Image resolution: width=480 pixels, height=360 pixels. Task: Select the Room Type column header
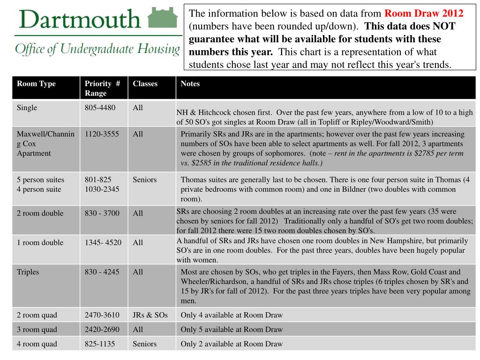point(36,84)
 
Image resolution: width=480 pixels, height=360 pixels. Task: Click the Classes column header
point(145,84)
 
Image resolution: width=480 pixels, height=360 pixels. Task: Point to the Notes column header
point(190,84)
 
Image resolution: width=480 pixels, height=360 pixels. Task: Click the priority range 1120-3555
point(102,134)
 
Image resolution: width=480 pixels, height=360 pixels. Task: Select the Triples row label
point(28,272)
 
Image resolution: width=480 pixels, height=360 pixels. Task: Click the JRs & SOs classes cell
point(150,315)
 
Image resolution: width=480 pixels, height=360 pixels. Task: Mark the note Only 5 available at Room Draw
point(232,330)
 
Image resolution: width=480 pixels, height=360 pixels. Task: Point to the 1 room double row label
point(40,243)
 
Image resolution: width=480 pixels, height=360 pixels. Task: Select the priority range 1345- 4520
point(103,243)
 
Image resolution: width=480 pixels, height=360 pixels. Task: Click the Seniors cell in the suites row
point(145,180)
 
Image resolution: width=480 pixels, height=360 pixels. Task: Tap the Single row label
point(27,108)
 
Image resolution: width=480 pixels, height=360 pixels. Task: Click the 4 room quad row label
point(37,344)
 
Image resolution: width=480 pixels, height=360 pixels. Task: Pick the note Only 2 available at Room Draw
point(232,344)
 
